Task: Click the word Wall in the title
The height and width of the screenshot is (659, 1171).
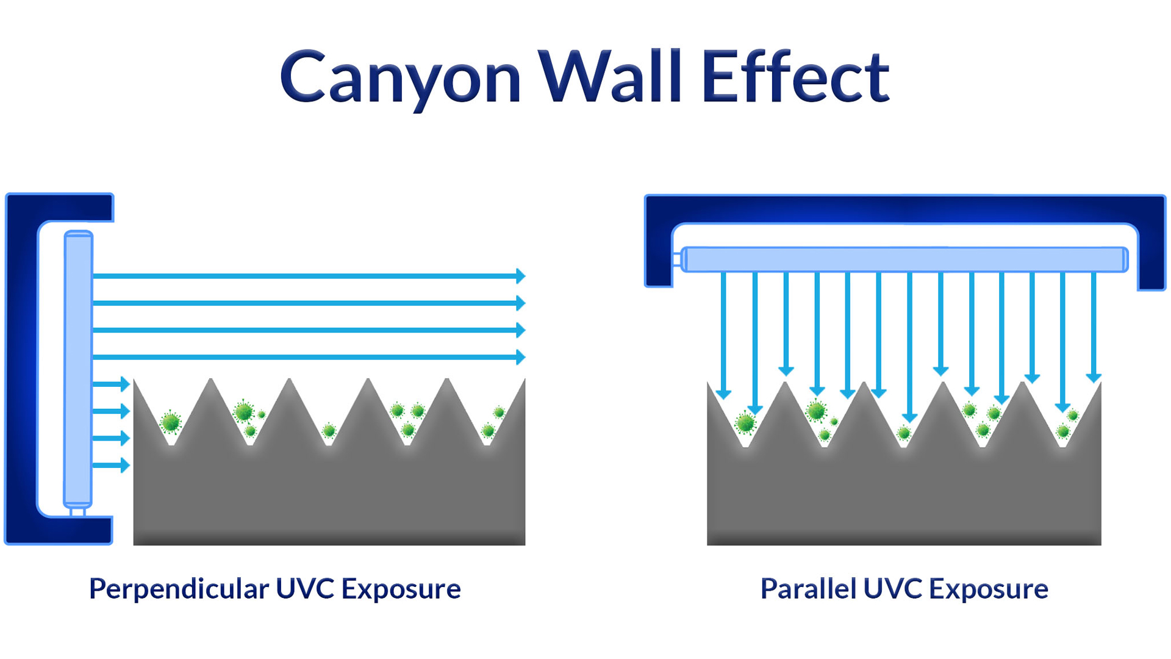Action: tap(610, 77)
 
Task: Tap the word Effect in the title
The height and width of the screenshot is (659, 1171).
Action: tap(795, 77)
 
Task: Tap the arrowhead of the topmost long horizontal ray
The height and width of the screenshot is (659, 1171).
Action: tap(520, 276)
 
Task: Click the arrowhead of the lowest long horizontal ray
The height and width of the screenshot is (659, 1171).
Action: tap(520, 357)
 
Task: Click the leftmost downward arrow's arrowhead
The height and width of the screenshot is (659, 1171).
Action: tap(723, 394)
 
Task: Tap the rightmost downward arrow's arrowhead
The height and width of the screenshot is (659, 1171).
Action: tap(1094, 378)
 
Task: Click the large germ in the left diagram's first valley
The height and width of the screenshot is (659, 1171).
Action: tap(171, 422)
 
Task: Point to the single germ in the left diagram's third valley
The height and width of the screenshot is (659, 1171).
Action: tap(329, 431)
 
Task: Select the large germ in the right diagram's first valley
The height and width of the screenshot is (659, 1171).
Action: tap(745, 423)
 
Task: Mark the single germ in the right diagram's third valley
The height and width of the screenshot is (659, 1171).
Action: tap(904, 433)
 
